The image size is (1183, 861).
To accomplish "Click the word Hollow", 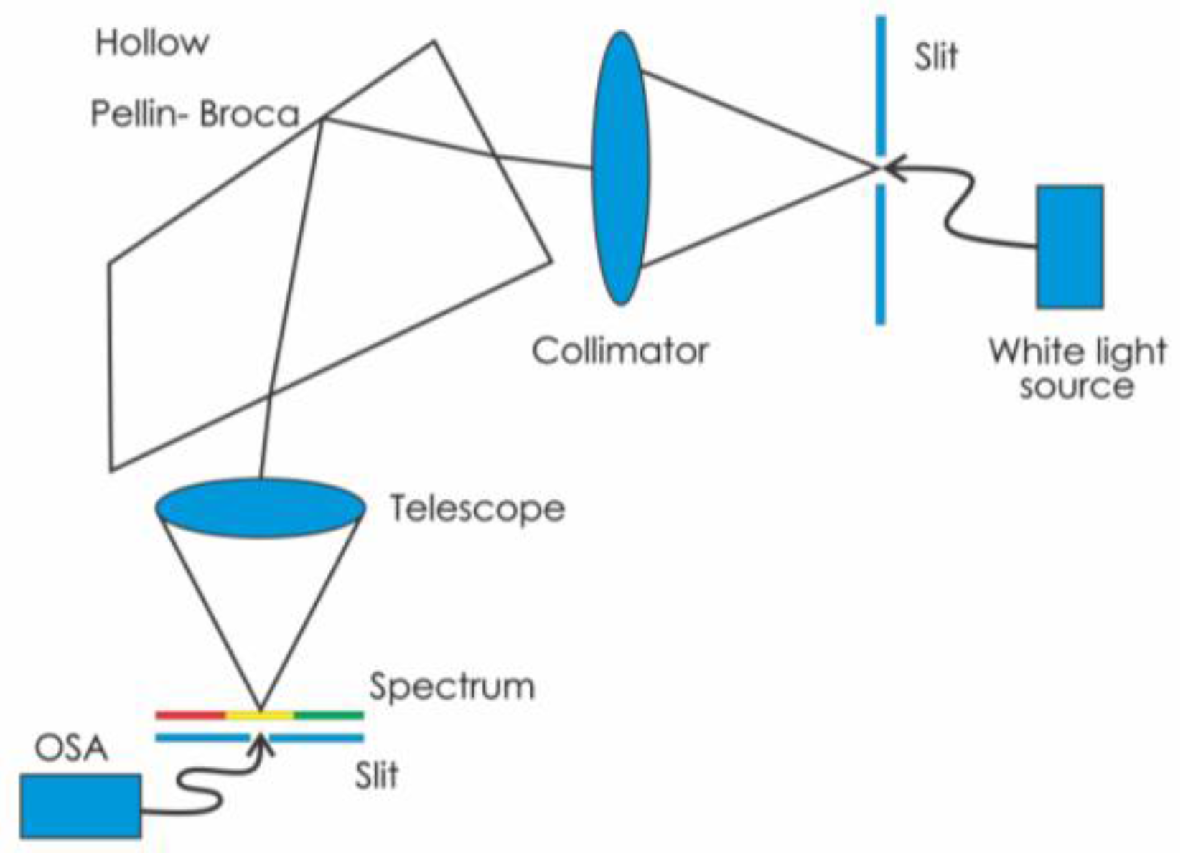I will (151, 43).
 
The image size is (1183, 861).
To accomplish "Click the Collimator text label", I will (619, 351).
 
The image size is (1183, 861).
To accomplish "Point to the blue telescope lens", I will (261, 507).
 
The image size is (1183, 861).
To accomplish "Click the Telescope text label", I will (477, 509).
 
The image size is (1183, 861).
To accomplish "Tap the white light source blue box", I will (1069, 247).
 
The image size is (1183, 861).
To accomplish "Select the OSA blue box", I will (80, 806).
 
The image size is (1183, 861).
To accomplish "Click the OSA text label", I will (71, 749).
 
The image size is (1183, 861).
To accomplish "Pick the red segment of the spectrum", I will (190, 715).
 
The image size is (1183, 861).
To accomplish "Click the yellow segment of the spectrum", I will (260, 715).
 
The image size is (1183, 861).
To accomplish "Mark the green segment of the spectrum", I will (329, 715).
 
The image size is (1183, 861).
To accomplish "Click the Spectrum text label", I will (452, 687).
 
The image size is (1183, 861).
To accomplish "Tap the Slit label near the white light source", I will (935, 56).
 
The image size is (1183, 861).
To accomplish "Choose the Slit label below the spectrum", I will (376, 776).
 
